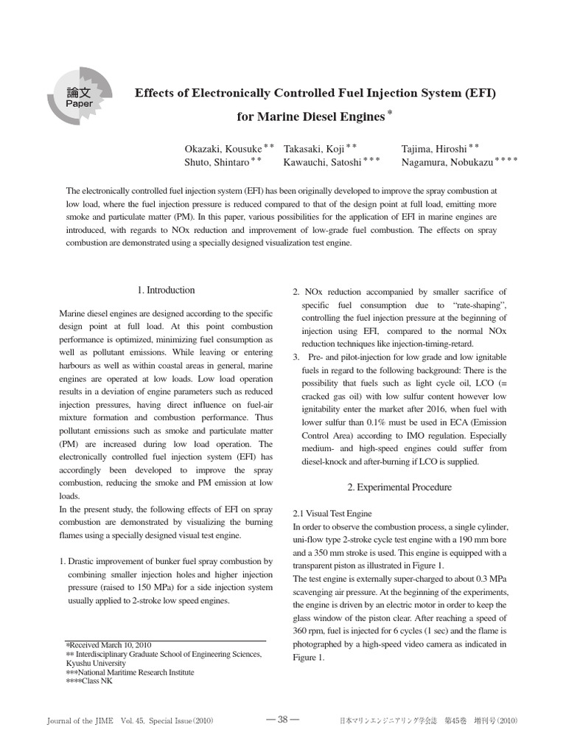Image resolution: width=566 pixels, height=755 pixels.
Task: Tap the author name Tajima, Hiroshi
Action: click(433, 148)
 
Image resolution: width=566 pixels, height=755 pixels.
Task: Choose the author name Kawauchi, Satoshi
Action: click(323, 161)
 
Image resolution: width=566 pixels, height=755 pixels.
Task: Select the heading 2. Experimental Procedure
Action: click(399, 487)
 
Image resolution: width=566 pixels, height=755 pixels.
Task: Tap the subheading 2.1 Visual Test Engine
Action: click(332, 513)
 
